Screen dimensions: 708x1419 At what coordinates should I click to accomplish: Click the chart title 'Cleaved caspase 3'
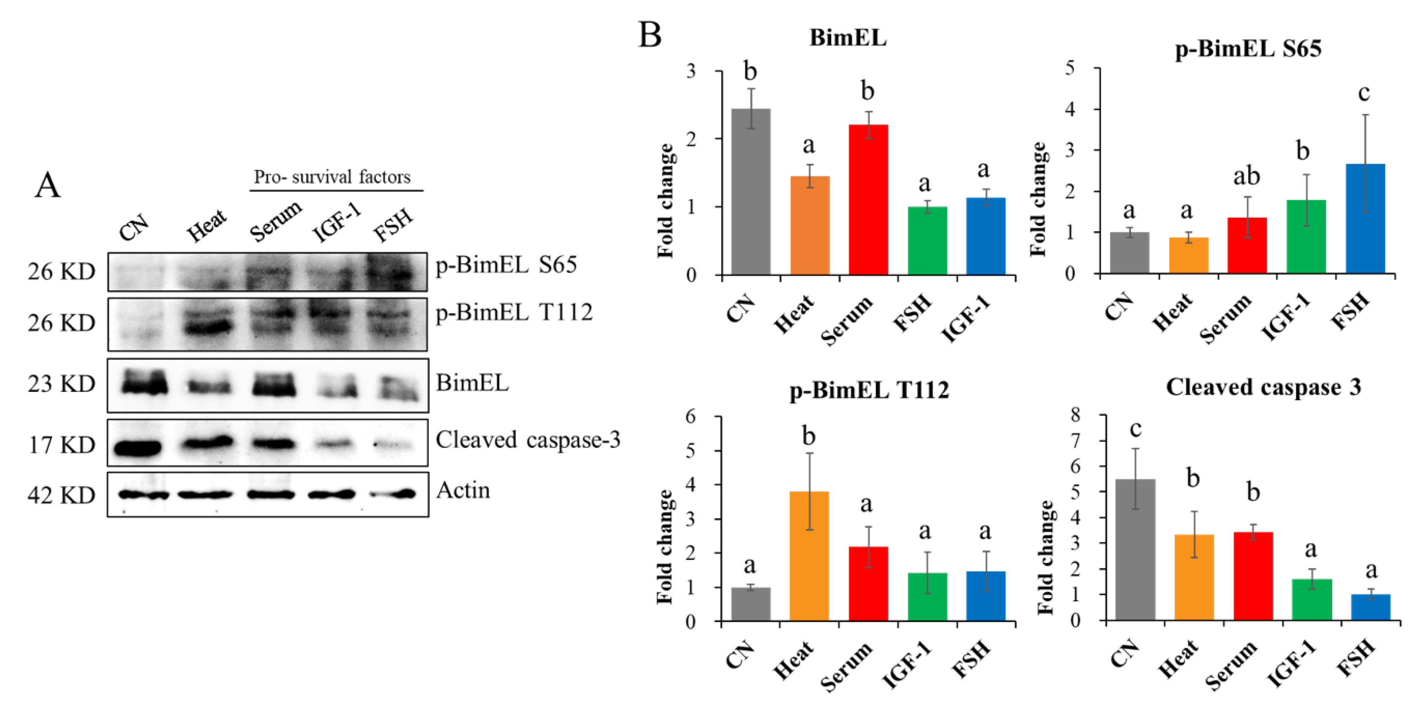click(x=1263, y=387)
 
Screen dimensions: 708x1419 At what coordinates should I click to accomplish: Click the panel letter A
click(x=48, y=185)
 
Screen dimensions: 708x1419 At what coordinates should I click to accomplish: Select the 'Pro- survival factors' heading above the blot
click(x=332, y=177)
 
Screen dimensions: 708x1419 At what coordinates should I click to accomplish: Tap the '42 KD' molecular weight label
click(x=61, y=495)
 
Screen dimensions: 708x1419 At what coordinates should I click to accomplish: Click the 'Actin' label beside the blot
click(x=463, y=490)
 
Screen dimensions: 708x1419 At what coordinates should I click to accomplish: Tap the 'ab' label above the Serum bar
click(x=1246, y=176)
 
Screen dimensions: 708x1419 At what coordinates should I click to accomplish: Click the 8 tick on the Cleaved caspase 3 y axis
click(x=1075, y=415)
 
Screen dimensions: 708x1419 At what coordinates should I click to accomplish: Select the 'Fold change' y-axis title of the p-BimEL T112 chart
click(x=665, y=547)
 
